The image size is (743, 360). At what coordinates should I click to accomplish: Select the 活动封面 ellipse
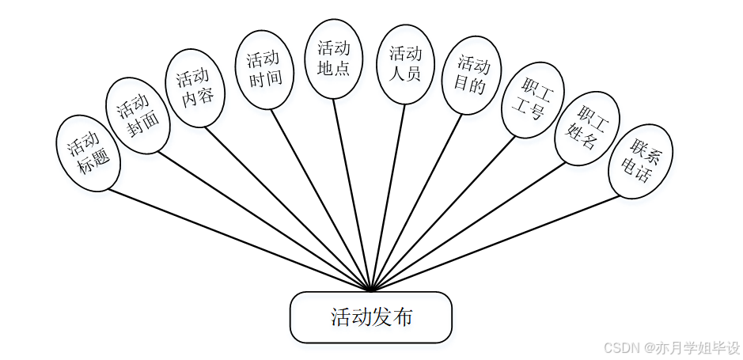pos(138,115)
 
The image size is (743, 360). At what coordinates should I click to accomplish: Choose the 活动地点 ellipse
pos(334,59)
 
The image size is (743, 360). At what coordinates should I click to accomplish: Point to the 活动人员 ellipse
pos(405,64)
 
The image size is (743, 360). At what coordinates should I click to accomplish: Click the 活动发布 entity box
pos(371,317)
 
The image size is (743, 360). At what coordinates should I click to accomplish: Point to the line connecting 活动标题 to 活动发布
pos(237,238)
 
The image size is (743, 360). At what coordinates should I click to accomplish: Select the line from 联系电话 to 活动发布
pos(498,241)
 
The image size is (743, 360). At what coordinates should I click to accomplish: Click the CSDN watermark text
pos(671,347)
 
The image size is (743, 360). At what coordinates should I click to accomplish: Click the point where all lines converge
pos(371,290)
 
